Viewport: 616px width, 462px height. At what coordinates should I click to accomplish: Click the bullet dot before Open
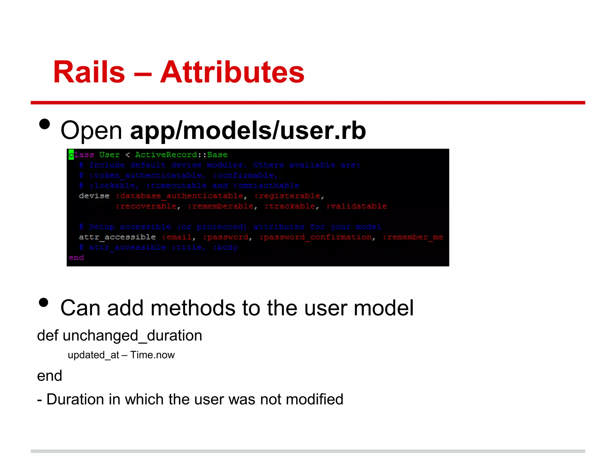[x=45, y=124]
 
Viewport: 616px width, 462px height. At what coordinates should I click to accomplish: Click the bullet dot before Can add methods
[x=44, y=302]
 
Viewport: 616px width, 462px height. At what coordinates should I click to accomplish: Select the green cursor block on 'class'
[x=71, y=155]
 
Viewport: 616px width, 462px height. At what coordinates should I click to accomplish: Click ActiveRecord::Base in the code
[x=181, y=155]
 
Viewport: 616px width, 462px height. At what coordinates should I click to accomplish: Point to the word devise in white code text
[x=94, y=196]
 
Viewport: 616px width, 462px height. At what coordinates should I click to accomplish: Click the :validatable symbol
[x=356, y=206]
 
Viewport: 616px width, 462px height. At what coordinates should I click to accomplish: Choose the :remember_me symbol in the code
[x=413, y=237]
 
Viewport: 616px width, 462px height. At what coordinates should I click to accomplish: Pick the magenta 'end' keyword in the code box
[x=76, y=258]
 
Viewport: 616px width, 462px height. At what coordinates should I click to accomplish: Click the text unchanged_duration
[x=132, y=335]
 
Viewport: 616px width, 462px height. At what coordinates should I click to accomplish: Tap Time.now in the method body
[x=152, y=355]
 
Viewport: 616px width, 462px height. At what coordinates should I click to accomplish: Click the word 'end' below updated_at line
[x=49, y=376]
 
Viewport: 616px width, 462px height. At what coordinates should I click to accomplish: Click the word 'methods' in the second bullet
[x=193, y=308]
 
